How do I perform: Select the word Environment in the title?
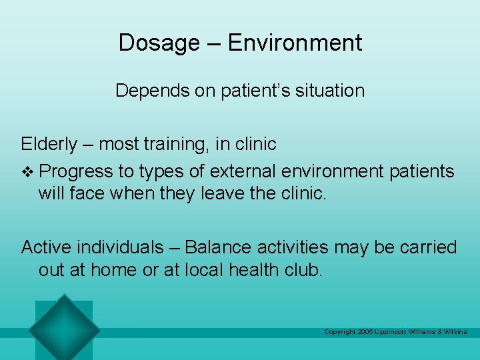[x=295, y=43]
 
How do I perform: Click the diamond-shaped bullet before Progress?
[x=27, y=171]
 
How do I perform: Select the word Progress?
[x=76, y=171]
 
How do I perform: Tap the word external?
[x=241, y=171]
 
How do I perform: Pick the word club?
[x=304, y=270]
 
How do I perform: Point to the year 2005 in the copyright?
[x=365, y=332]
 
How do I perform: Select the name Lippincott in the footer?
[x=396, y=332]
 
